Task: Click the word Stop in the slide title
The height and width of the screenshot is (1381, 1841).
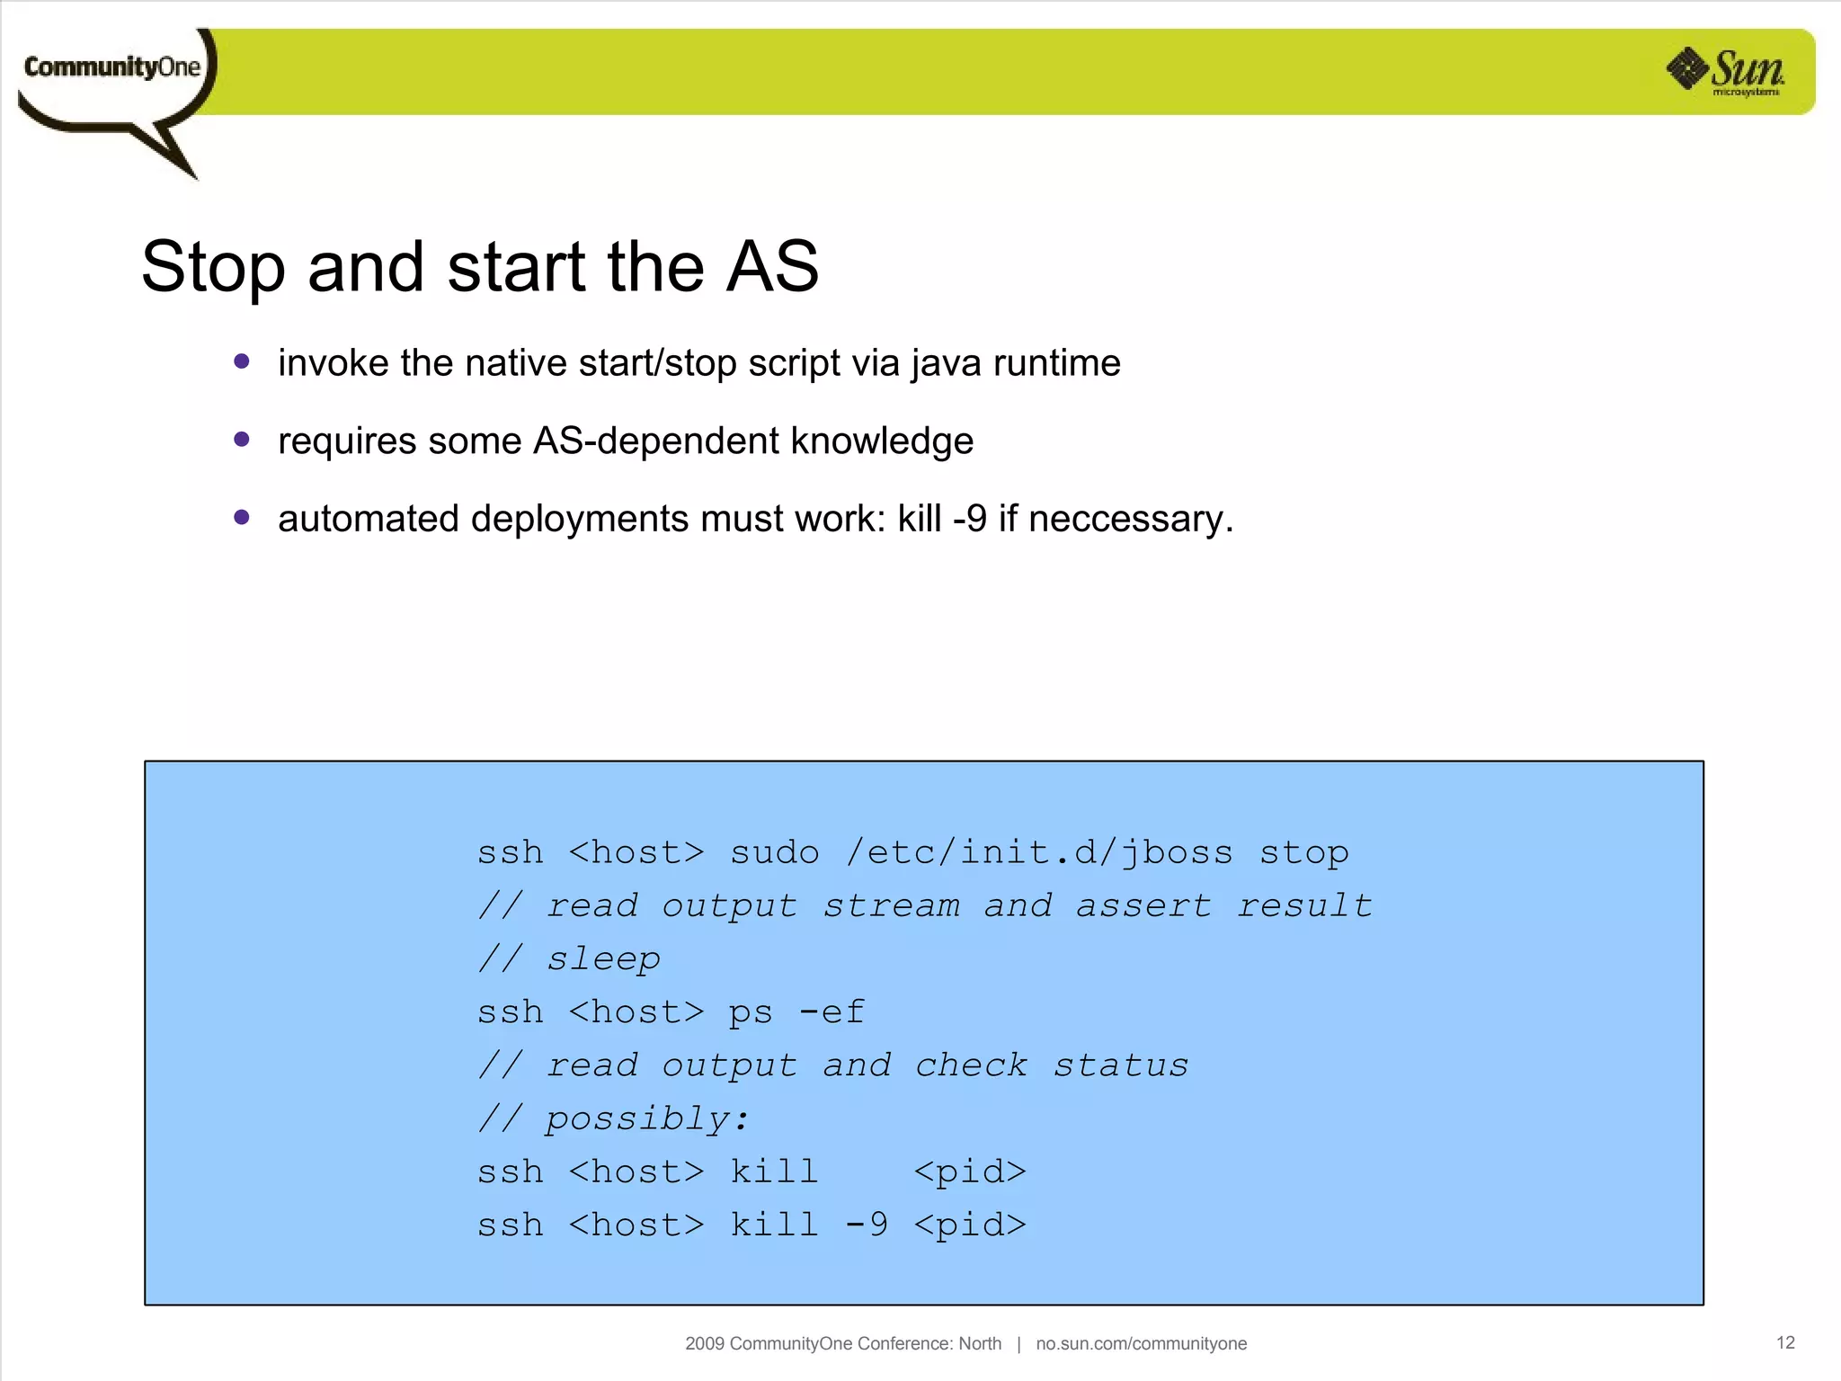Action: [x=212, y=268]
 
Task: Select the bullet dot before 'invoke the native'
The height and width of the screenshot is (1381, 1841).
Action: [x=241, y=361]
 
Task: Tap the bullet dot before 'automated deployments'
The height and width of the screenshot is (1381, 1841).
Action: [x=241, y=517]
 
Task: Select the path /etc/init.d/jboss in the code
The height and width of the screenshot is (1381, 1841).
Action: [x=1039, y=851]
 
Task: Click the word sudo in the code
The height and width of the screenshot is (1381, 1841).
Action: [x=774, y=851]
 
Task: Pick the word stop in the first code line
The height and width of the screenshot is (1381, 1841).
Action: [x=1303, y=852]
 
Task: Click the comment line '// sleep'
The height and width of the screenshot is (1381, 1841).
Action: [x=569, y=958]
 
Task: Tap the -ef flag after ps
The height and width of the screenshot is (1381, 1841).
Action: [x=832, y=1011]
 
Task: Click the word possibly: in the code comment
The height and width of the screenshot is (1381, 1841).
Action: [x=647, y=1118]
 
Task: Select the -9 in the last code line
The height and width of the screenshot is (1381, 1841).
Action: [x=867, y=1224]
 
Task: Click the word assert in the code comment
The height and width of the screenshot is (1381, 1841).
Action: [x=1143, y=905]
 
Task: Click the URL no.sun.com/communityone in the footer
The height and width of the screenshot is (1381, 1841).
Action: [x=1141, y=1343]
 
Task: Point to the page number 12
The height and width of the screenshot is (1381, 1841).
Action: [x=1785, y=1342]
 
